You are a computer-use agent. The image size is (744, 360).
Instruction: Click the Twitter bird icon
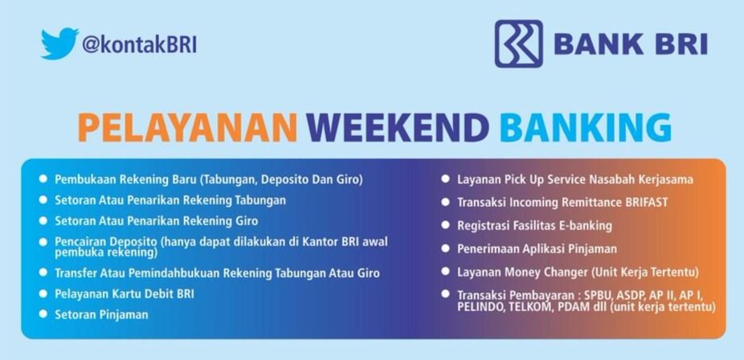point(59,43)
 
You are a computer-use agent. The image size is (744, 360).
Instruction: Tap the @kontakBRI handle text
point(139,44)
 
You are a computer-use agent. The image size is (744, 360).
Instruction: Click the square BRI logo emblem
point(518,43)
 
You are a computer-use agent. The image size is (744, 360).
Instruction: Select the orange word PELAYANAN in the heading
point(187,128)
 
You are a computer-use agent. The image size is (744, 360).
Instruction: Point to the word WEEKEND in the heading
point(398,128)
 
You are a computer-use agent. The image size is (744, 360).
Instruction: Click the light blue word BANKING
point(586,128)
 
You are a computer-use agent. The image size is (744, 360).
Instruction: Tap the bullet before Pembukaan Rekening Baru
point(43,179)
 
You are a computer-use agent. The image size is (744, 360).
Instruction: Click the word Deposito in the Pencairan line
point(132,242)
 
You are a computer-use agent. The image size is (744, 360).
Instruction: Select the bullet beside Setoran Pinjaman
point(43,313)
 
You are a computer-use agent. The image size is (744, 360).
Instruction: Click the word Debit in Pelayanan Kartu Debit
point(161,293)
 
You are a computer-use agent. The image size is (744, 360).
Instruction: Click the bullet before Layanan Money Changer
point(445,272)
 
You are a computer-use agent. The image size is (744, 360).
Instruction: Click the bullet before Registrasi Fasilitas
point(445,225)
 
